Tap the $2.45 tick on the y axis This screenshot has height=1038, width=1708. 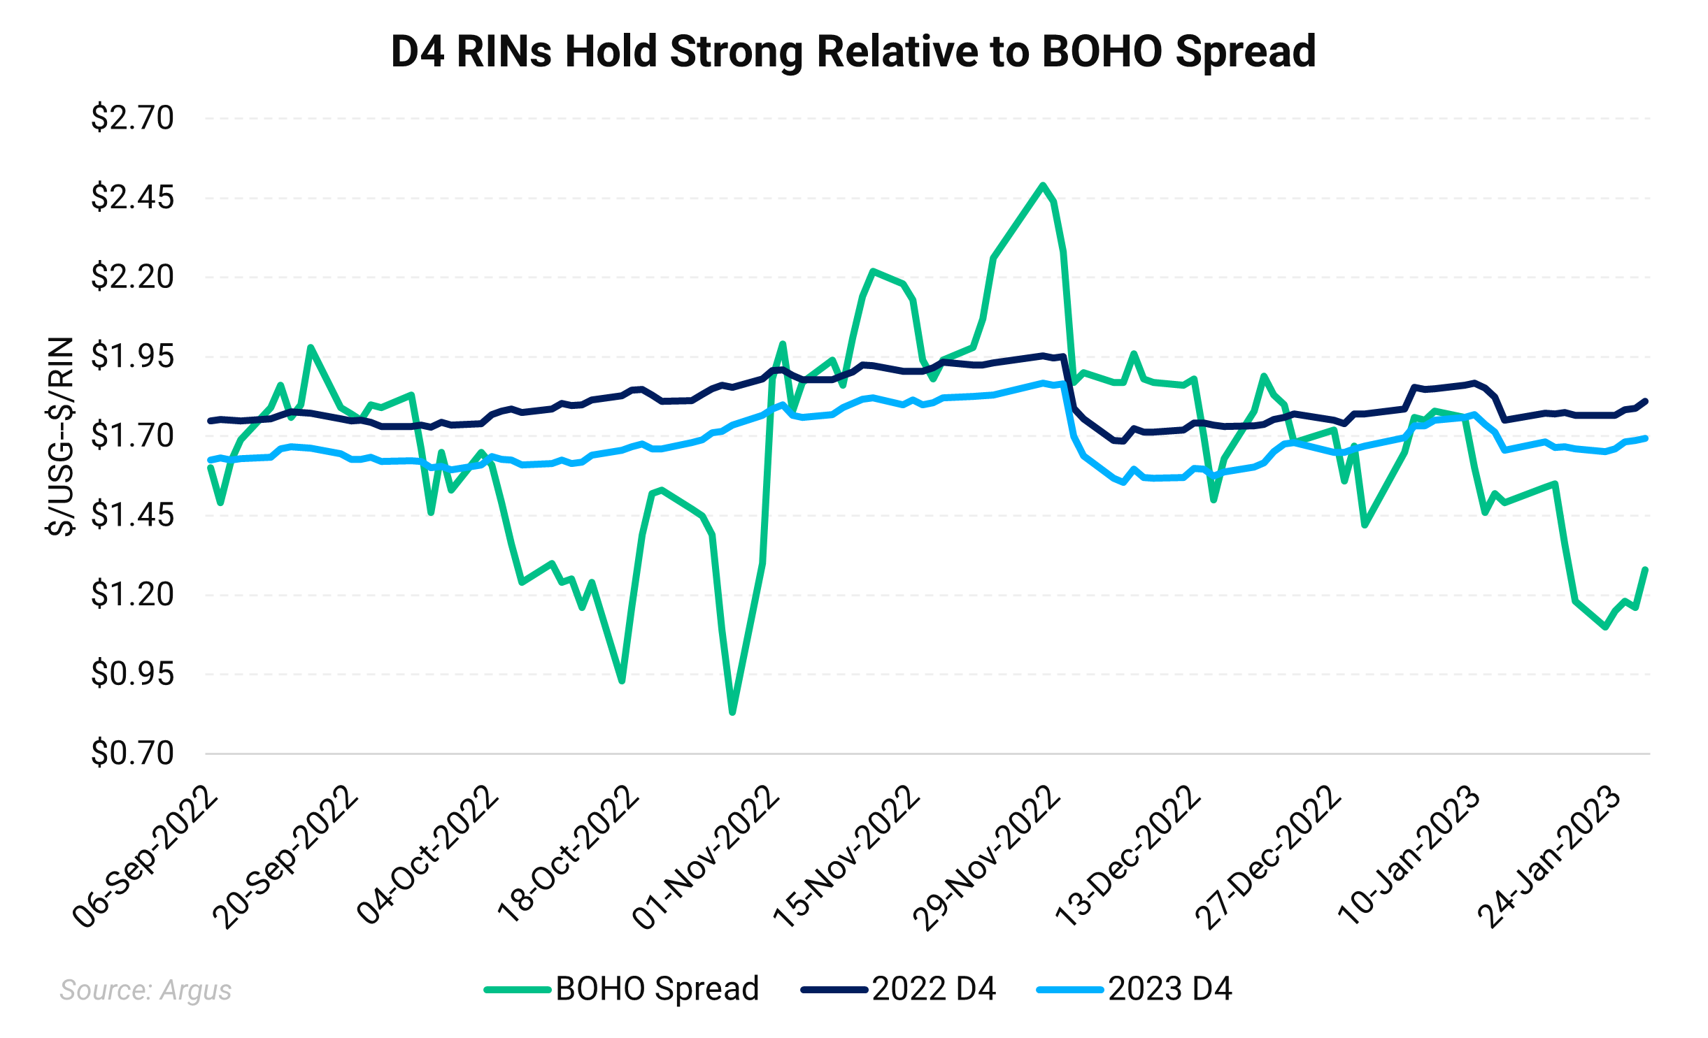tap(132, 197)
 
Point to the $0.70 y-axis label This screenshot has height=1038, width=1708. tap(132, 754)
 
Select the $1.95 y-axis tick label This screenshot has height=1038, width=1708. tap(132, 356)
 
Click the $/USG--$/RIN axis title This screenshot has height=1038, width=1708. tap(60, 436)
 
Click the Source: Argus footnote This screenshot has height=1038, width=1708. tap(145, 990)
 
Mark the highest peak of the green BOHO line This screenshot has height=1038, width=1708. tap(1043, 185)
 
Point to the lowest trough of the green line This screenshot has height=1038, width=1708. tap(732, 712)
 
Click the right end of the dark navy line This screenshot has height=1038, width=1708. tap(1646, 401)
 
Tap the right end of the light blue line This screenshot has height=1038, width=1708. tap(1646, 438)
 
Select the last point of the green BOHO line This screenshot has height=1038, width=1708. tap(1646, 570)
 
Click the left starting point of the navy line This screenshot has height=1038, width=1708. tap(210, 421)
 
